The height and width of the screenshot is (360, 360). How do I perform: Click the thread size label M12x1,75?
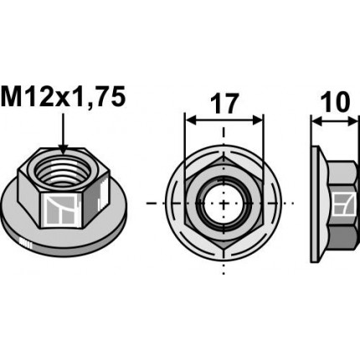click(64, 96)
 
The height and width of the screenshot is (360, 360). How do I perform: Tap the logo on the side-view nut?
click(342, 204)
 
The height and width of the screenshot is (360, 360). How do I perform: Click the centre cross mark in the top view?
click(224, 203)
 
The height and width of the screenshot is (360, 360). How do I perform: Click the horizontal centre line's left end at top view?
click(148, 203)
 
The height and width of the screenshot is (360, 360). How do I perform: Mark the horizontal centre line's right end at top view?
click(295, 203)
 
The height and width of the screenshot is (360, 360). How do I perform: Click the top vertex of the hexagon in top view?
click(224, 156)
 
